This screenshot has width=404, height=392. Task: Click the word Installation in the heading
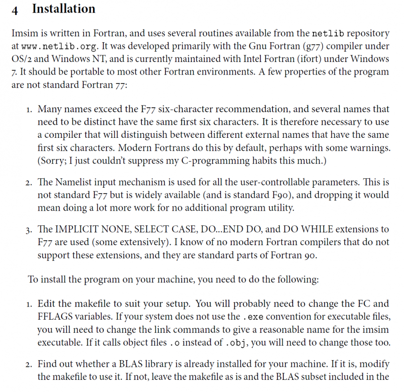(x=63, y=9)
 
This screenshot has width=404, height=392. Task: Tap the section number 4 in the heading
(x=15, y=10)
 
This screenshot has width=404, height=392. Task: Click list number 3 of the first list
(x=28, y=229)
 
